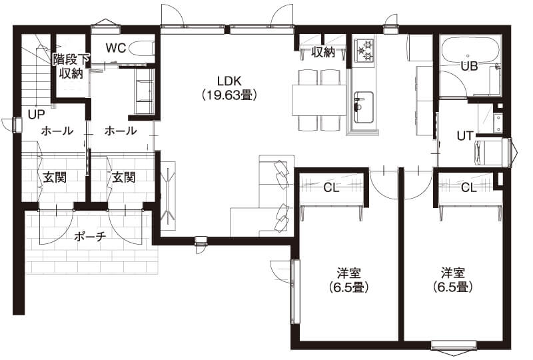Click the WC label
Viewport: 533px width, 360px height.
tap(116, 48)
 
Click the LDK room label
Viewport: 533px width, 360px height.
tap(229, 81)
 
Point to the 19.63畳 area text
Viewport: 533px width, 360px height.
tap(229, 95)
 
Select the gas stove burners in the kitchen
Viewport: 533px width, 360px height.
tap(364, 50)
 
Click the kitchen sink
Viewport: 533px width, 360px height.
tap(363, 107)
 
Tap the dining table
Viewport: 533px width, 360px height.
tap(319, 101)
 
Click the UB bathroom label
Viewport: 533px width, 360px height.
tap(470, 67)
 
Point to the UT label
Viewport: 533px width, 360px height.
tap(464, 136)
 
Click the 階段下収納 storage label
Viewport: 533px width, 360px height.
tap(71, 67)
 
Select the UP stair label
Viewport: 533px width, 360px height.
tap(37, 115)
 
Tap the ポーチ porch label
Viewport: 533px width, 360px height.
tap(90, 236)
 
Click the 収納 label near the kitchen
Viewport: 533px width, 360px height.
tap(323, 53)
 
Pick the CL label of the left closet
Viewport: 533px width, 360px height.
tap(331, 187)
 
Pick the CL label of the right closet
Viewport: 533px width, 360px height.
tap(469, 187)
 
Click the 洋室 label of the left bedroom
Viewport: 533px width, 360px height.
tap(348, 273)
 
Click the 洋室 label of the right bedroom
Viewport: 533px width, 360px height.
tap(453, 273)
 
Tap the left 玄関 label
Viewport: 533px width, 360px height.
tap(55, 177)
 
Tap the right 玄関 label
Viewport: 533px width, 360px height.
tap(124, 177)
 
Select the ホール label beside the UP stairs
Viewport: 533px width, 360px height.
tap(57, 131)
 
